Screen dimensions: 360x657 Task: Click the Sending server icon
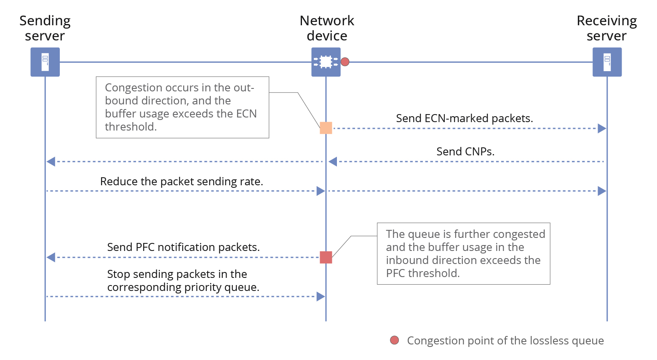45,62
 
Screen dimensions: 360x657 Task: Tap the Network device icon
326,62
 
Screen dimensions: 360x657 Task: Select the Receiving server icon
607,62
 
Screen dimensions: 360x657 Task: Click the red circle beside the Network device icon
345,62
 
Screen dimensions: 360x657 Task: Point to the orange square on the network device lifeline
326,128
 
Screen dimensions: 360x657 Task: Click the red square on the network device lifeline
326,257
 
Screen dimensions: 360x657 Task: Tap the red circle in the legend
395,340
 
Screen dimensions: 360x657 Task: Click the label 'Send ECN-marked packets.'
464,118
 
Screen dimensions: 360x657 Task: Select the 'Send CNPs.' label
465,152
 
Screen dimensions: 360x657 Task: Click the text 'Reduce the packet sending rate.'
182,181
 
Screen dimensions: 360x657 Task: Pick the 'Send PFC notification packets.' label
183,247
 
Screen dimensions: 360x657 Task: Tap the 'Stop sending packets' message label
183,280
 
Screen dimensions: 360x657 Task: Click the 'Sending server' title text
45,28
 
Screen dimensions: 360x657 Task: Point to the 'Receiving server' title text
606,28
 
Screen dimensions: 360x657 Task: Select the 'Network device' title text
327,28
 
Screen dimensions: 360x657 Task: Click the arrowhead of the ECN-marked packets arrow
602,128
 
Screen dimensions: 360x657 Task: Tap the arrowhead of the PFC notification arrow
51,257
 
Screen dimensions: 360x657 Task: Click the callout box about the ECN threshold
182,107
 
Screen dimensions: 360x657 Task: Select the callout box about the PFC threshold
463,253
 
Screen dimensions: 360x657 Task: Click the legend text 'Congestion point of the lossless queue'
505,341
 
